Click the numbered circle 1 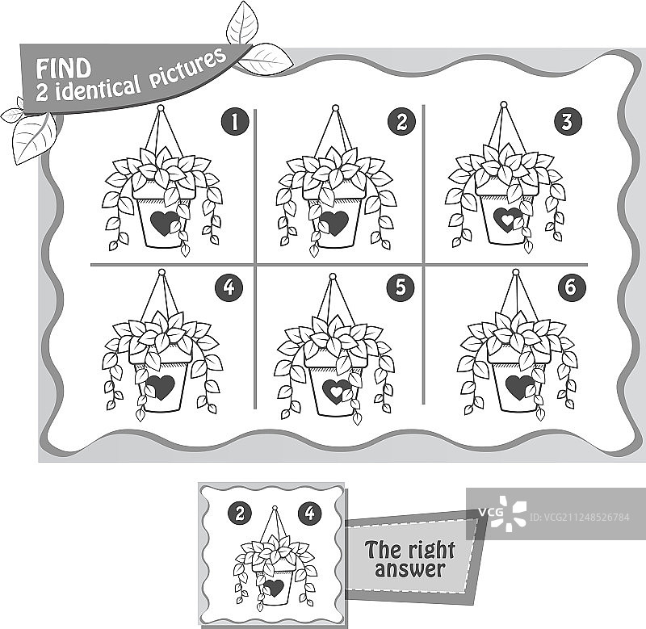pyautogui.click(x=235, y=122)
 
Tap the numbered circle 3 pyautogui.click(x=568, y=121)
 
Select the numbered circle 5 pyautogui.click(x=401, y=287)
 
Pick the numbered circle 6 pyautogui.click(x=572, y=287)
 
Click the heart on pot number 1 pyautogui.click(x=164, y=224)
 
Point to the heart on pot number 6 pyautogui.click(x=520, y=388)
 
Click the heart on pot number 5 pyautogui.click(x=337, y=391)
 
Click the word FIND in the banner pyautogui.click(x=64, y=69)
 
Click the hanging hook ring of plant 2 pyautogui.click(x=335, y=109)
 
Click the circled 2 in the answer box pyautogui.click(x=240, y=514)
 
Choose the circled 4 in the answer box pyautogui.click(x=310, y=513)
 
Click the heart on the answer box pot pyautogui.click(x=274, y=588)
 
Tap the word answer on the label pyautogui.click(x=410, y=569)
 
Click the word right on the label pyautogui.click(x=431, y=551)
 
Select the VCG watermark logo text pyautogui.click(x=490, y=513)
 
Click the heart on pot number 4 pyautogui.click(x=160, y=388)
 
